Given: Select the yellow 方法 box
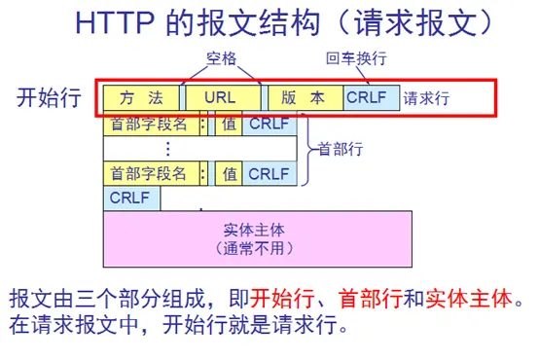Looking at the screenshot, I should click(x=141, y=98).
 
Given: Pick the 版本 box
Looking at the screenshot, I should click(x=305, y=98).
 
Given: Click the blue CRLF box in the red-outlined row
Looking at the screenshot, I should click(x=371, y=98).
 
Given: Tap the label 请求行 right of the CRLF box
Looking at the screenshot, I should click(x=428, y=98).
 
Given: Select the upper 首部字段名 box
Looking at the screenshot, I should click(x=150, y=125).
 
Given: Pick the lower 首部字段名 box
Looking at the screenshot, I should click(x=150, y=173).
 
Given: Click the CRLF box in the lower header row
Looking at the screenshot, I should click(x=269, y=173).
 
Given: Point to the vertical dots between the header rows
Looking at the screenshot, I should click(x=167, y=149).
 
